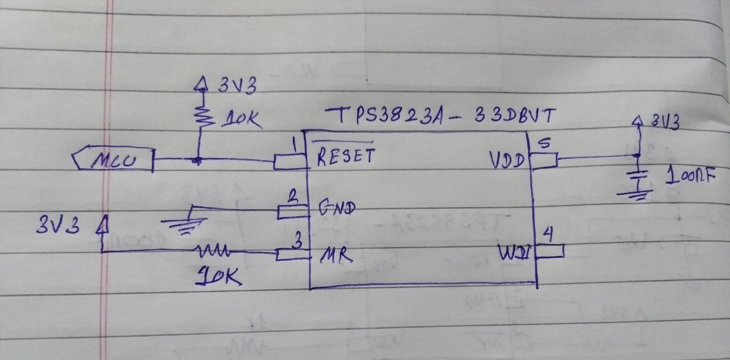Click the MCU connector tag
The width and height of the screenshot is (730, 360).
[x=113, y=159]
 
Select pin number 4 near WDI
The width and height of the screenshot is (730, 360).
[x=548, y=234]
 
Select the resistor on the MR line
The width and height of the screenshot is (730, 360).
[x=213, y=251]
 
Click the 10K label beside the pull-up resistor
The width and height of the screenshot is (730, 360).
[x=243, y=120]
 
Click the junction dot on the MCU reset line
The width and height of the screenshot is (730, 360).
[x=197, y=161]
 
